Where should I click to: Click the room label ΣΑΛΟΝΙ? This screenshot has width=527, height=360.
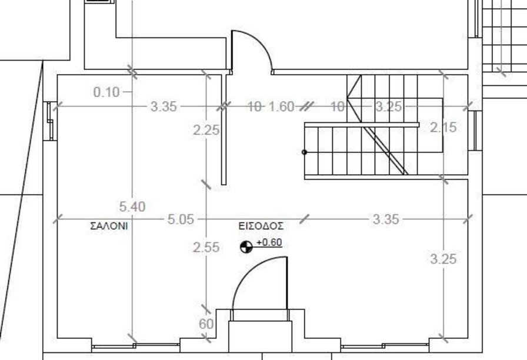click(109, 226)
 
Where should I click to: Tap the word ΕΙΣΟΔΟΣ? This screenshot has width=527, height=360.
click(261, 226)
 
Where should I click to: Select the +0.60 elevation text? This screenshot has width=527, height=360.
click(269, 242)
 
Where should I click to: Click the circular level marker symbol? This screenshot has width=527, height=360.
click(246, 247)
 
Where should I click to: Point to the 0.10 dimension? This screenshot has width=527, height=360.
click(106, 92)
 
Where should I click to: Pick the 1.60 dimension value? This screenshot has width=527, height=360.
click(282, 106)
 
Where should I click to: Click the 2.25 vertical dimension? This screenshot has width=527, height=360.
click(206, 130)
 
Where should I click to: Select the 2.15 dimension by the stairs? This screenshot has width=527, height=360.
click(443, 128)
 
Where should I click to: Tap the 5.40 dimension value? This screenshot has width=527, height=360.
click(132, 206)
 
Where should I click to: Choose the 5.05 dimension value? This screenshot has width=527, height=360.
click(181, 219)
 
